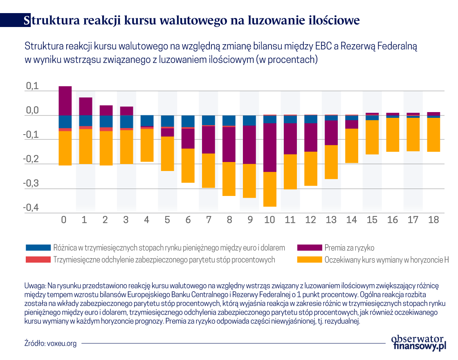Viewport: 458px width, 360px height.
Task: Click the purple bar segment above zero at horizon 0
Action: [x=65, y=101]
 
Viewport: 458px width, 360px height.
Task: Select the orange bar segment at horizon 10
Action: [x=270, y=189]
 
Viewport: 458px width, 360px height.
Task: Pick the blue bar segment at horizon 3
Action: [x=126, y=122]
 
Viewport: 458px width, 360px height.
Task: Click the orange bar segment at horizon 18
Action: [x=433, y=135]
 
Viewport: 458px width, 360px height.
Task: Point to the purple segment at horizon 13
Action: [x=331, y=133]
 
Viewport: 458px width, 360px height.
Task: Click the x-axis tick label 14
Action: [x=351, y=220]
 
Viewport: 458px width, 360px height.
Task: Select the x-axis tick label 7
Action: [x=209, y=220]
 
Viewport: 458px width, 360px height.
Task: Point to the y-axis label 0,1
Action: [x=32, y=86]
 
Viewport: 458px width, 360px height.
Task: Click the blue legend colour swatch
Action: [x=38, y=248]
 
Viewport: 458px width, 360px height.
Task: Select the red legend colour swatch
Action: [x=38, y=259]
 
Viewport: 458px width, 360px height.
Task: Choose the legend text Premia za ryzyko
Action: [x=349, y=248]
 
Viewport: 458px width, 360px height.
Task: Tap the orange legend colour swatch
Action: [x=309, y=259]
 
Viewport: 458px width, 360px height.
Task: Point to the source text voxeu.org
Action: [x=62, y=343]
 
